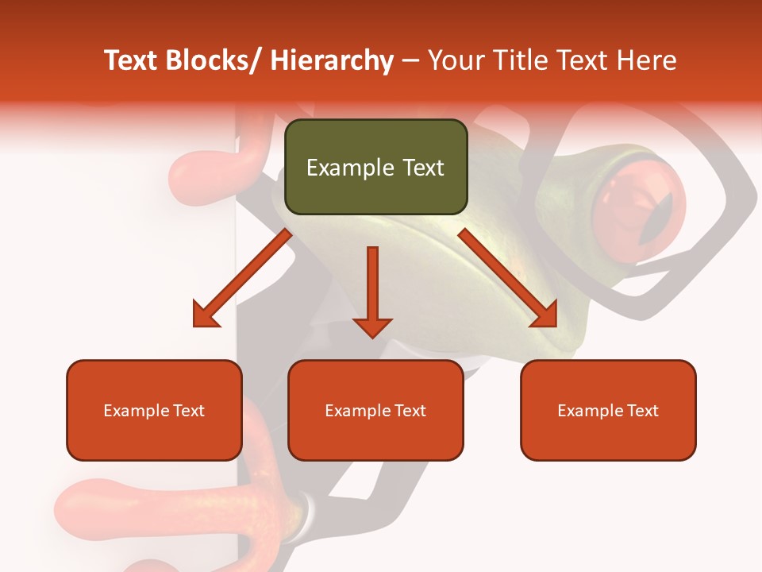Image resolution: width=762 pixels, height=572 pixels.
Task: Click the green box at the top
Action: pyautogui.click(x=375, y=167)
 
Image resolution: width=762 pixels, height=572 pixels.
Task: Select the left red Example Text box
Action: pyautogui.click(x=154, y=410)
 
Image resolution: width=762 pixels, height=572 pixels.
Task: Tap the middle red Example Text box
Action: pyautogui.click(x=375, y=410)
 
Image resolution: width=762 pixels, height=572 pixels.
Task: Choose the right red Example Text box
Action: pyautogui.click(x=608, y=410)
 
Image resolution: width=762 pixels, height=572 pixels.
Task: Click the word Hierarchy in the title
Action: pyautogui.click(x=331, y=60)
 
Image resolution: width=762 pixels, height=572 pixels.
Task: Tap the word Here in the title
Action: pyautogui.click(x=646, y=60)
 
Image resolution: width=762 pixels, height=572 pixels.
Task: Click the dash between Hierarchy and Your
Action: pyautogui.click(x=410, y=60)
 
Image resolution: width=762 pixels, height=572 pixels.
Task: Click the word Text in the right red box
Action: pyautogui.click(x=642, y=411)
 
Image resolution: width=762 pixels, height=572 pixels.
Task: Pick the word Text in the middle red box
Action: pyautogui.click(x=410, y=411)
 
